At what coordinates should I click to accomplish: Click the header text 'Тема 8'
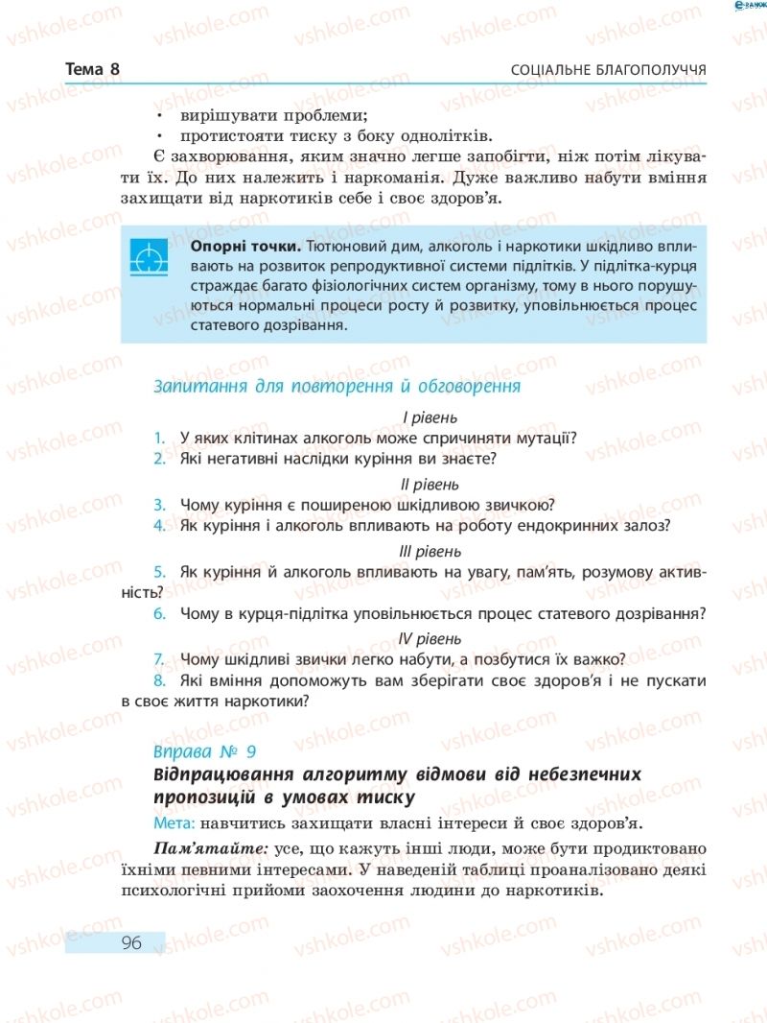click(x=93, y=70)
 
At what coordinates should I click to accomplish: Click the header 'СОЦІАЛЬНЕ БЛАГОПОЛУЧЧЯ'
click(x=609, y=71)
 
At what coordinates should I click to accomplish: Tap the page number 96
click(x=131, y=942)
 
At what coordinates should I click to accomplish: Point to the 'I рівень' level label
click(x=430, y=417)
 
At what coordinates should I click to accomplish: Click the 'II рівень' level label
click(x=430, y=484)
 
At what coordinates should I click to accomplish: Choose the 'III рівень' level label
click(x=430, y=551)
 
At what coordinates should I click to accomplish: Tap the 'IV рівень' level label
click(x=430, y=638)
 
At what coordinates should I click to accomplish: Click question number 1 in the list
click(x=159, y=439)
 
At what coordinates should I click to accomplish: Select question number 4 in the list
click(x=159, y=526)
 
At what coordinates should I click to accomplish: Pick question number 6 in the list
click(x=159, y=613)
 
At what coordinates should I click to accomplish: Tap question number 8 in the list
click(x=159, y=680)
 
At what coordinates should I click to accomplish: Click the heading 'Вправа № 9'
click(x=204, y=751)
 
